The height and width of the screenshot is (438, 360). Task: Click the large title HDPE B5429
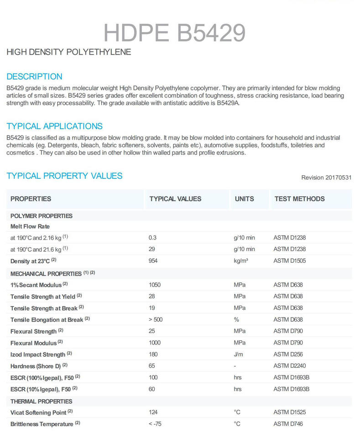pos(175,32)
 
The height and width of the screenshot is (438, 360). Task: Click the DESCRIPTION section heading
pos(35,77)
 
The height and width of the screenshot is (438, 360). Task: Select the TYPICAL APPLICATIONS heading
pos(55,126)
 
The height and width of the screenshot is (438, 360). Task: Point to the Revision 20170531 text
pos(326,177)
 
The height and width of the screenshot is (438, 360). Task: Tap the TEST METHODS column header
pos(299,199)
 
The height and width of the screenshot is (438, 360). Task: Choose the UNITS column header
pos(244,199)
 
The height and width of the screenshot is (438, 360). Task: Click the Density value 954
pos(154,261)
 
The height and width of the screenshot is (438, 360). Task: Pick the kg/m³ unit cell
pos(241,261)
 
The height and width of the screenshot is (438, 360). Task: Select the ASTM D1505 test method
pos(290,261)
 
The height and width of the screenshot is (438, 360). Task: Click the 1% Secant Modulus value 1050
pos(155,285)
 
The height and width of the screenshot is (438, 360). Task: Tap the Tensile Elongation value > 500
pos(156,319)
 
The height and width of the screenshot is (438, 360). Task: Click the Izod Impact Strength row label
pos(38,354)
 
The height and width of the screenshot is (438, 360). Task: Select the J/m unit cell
pos(239,354)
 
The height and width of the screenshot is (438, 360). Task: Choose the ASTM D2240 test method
pos(290,366)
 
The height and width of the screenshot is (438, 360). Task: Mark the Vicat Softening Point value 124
pos(154,412)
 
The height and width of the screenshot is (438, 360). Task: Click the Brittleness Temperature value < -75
pos(156,424)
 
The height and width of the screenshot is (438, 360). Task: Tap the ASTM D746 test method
pos(288,424)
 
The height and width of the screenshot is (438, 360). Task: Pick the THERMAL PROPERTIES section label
pos(42,401)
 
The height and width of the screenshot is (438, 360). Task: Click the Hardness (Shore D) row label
pos(36,366)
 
